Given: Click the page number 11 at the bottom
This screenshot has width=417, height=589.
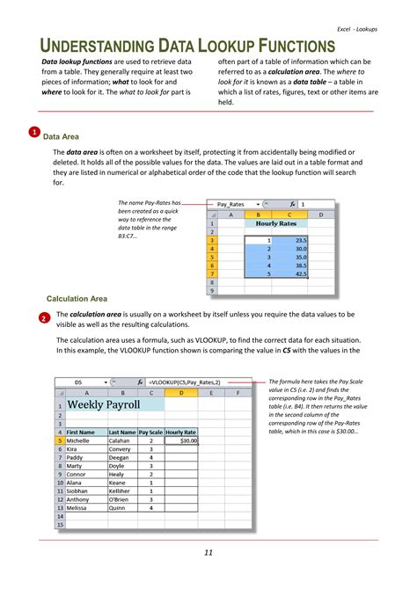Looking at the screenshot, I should tap(208, 552).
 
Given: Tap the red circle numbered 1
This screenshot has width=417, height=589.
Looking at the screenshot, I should tap(33, 133).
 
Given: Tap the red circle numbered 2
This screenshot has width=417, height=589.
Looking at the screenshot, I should tap(45, 317).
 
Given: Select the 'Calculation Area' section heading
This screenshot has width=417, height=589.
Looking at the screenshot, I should tap(77, 299).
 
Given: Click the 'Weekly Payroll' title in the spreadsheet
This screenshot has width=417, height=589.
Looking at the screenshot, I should tap(104, 404).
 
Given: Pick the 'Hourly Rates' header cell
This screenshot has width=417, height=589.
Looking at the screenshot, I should tap(275, 223).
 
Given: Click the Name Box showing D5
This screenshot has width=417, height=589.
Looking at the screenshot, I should tap(79, 383).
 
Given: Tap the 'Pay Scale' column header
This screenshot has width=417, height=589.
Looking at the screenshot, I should tap(150, 433).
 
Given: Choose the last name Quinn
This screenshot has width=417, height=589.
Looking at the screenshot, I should tap(117, 508).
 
